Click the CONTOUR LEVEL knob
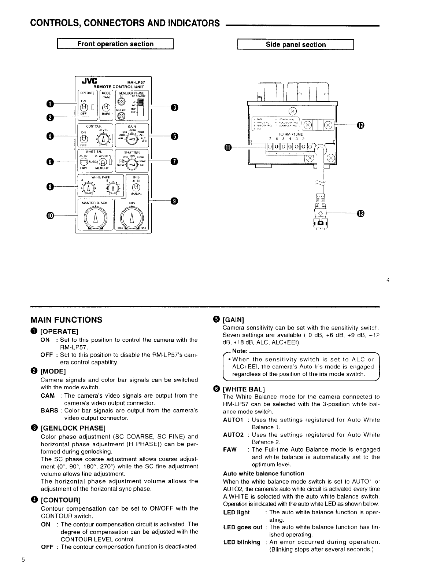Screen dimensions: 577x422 (104, 139)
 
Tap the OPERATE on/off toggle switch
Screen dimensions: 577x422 (84, 107)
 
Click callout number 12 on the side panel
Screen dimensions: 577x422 (360, 125)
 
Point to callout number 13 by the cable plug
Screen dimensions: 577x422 (360, 214)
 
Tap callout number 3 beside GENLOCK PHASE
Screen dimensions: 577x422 (175, 107)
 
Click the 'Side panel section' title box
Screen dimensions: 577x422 (295, 45)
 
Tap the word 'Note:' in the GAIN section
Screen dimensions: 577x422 (240, 351)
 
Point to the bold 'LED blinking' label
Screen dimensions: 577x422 (242, 542)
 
